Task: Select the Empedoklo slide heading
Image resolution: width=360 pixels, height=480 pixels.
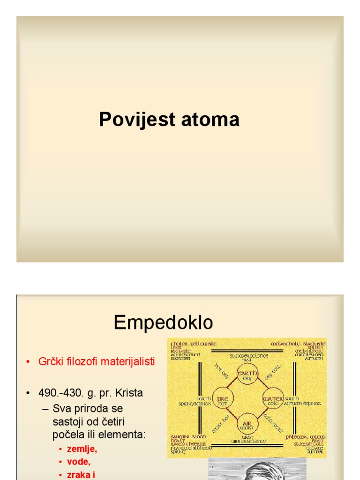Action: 163,322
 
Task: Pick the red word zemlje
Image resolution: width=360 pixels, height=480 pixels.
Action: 82,449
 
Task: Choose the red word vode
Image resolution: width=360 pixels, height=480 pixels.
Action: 77,462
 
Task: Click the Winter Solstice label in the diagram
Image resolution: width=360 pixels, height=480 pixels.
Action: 248,441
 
